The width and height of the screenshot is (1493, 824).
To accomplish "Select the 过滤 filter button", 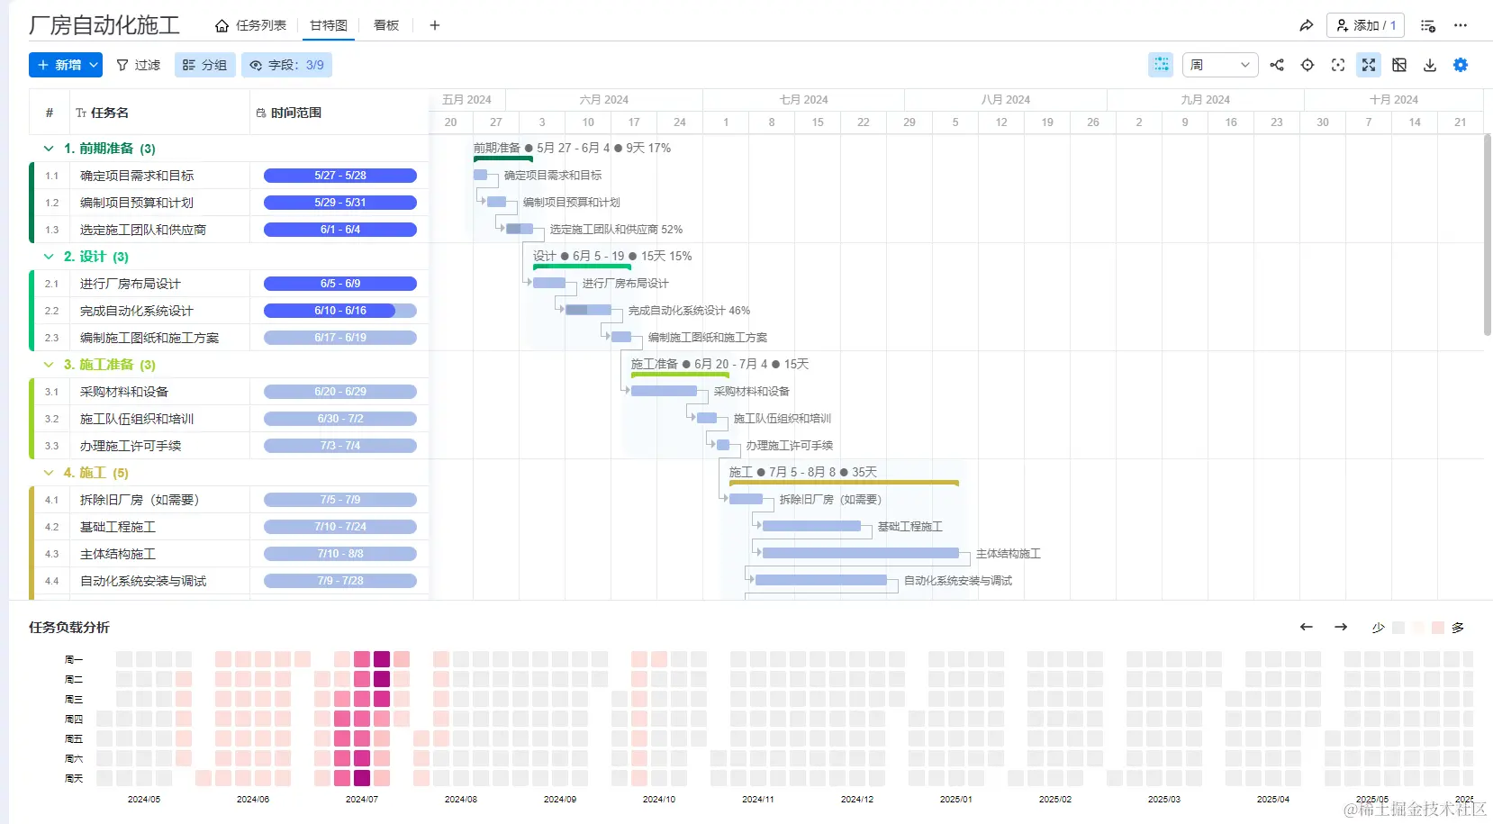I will [139, 65].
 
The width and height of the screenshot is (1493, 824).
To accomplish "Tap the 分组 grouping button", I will [204, 65].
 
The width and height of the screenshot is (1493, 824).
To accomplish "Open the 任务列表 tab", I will [251, 25].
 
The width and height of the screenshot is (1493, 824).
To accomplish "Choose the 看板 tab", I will [386, 25].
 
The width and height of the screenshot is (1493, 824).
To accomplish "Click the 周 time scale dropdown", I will [1220, 65].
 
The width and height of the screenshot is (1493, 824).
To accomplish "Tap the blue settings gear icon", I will [1461, 65].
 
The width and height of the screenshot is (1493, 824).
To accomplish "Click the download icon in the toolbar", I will [1430, 65].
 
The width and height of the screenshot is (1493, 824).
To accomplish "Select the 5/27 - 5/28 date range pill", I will [340, 176].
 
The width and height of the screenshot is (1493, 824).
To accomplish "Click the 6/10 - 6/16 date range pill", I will [340, 311].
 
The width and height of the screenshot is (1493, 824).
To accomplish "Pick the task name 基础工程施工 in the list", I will [118, 527].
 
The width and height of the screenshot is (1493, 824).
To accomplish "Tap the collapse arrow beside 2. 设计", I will [49, 257].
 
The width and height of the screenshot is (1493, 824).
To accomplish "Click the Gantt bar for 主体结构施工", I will [860, 553].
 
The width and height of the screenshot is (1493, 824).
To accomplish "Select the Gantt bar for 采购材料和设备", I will [664, 391].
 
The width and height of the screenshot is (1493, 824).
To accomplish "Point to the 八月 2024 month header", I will [1005, 100].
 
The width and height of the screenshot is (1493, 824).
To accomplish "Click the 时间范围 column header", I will [295, 113].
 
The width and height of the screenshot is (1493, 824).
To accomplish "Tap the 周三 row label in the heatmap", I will [74, 699].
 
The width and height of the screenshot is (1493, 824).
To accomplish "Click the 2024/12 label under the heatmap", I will [857, 799].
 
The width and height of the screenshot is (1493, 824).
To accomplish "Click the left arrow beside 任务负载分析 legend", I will [1307, 627].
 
